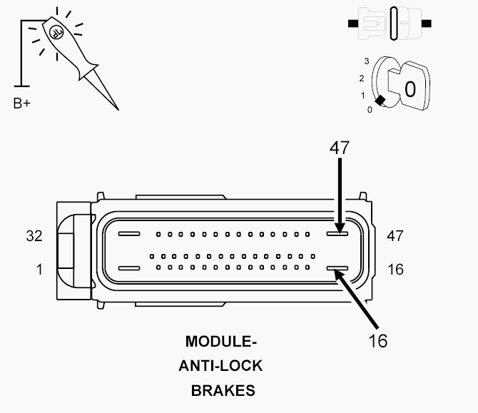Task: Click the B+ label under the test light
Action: click(x=22, y=103)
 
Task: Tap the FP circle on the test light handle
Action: click(x=56, y=31)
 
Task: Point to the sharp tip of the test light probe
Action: click(x=118, y=109)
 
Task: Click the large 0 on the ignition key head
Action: click(x=410, y=89)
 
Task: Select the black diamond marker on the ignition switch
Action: click(x=380, y=101)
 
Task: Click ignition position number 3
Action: click(x=367, y=61)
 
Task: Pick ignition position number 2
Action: click(x=362, y=78)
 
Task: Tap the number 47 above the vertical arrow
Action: click(x=340, y=148)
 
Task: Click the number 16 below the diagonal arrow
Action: click(x=378, y=341)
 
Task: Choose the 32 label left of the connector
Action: click(x=34, y=235)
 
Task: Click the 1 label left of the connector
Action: click(x=39, y=270)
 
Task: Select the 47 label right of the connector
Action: click(x=395, y=235)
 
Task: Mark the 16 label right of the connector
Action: click(x=396, y=270)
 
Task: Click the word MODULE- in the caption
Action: click(x=221, y=342)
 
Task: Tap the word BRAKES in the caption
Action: click(x=223, y=391)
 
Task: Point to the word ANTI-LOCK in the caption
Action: click(x=220, y=366)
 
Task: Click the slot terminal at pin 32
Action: click(x=129, y=234)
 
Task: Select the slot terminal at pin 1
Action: click(x=129, y=268)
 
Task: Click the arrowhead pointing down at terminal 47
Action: click(x=340, y=228)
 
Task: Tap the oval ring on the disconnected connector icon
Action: click(x=394, y=24)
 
